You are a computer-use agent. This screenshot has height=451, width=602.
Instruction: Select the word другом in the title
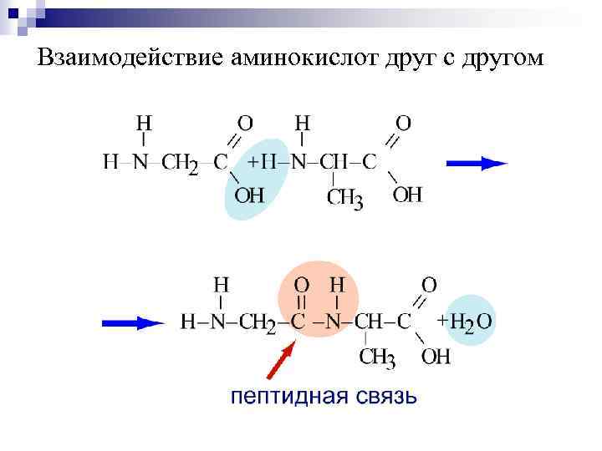(499, 59)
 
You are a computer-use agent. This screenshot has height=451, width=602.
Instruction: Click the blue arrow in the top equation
(477, 164)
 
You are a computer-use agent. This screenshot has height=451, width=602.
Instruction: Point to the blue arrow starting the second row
(133, 322)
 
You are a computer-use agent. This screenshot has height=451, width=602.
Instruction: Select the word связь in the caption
(380, 396)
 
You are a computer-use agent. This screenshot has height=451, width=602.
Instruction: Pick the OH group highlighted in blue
(248, 195)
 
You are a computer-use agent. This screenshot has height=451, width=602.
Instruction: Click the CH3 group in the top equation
(344, 199)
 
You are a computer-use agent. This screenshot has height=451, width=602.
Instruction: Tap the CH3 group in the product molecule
(377, 357)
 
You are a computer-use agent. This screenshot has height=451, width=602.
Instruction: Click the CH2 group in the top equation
(180, 164)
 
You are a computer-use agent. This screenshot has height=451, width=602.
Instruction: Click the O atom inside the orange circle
(301, 285)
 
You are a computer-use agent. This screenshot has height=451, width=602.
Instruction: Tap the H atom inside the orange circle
(336, 285)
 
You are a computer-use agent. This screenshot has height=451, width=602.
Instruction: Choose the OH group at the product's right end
(436, 357)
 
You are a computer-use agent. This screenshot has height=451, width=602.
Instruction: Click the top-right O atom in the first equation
(403, 123)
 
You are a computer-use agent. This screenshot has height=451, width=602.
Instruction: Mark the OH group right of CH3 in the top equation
(407, 195)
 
